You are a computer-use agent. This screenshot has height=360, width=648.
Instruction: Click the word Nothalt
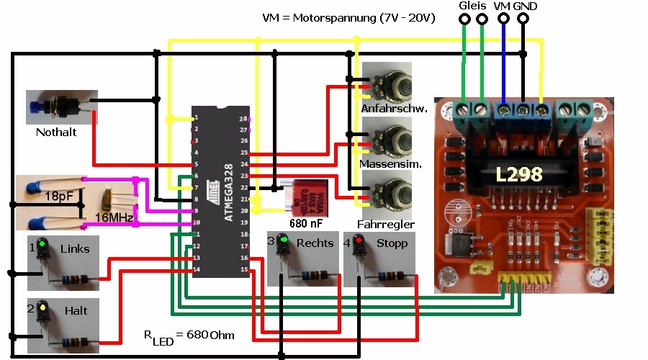pos(56,132)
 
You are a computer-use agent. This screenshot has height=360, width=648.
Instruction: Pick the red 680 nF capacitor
pos(306,197)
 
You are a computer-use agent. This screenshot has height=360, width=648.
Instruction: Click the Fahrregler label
pos(386,225)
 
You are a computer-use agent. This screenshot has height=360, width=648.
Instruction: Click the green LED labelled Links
pos(42,245)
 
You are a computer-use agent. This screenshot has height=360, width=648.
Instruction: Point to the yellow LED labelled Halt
pos(42,308)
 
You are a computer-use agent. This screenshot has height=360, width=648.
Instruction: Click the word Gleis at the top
pos(472,6)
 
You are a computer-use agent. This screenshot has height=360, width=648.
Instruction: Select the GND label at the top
pos(525,6)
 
